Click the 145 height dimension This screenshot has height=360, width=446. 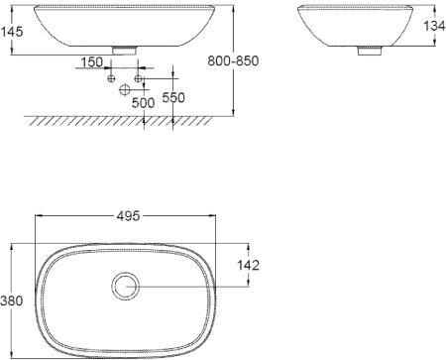[13, 32]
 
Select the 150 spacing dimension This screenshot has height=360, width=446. [91, 62]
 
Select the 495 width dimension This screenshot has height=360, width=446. [125, 215]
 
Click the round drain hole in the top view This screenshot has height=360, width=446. [126, 287]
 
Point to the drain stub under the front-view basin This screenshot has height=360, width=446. [125, 47]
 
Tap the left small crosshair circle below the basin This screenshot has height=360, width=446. [111, 77]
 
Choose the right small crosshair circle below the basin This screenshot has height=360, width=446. [139, 77]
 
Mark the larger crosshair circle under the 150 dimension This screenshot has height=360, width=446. [125, 90]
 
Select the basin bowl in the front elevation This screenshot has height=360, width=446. [125, 24]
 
